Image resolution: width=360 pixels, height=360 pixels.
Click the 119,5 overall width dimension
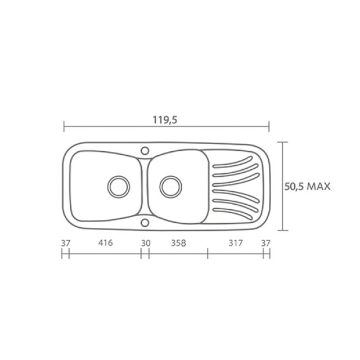click(165, 120)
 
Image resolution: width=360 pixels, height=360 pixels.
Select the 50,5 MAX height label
click(308, 186)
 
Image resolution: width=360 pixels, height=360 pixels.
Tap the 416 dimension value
click(106, 242)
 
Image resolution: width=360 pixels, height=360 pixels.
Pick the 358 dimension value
click(178, 243)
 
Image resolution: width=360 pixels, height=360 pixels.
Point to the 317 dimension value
click(236, 242)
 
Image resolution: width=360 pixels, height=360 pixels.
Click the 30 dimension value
click(146, 243)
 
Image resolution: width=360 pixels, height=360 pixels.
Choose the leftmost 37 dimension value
click(65, 243)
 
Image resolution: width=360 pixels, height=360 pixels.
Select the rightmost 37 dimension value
click(266, 243)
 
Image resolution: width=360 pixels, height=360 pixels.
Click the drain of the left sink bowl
click(119, 187)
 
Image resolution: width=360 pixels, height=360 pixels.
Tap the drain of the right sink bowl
click(170, 187)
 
